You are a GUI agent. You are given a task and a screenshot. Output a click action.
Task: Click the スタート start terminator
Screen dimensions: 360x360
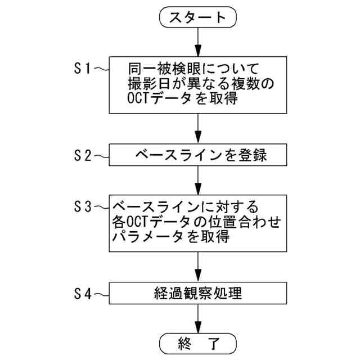(x=198, y=17)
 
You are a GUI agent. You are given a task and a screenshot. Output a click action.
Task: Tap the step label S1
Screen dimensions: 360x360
(x=83, y=69)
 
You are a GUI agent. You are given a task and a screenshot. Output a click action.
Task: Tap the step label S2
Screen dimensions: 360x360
(x=83, y=156)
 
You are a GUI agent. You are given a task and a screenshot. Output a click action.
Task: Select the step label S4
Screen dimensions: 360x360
(x=83, y=293)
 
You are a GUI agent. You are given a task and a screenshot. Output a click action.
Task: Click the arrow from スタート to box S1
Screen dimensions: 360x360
(x=198, y=41)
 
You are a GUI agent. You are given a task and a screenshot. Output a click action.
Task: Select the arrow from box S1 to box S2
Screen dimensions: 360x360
(x=198, y=129)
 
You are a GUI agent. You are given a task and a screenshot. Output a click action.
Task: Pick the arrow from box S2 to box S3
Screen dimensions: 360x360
(x=198, y=180)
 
